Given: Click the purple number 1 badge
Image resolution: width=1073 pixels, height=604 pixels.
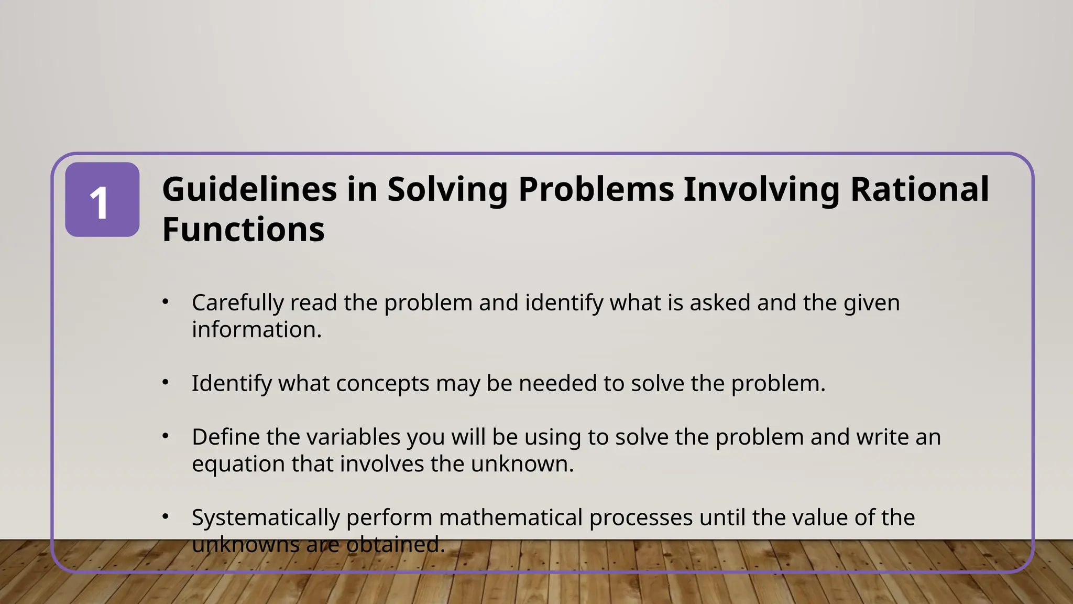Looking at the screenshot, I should coord(102,200).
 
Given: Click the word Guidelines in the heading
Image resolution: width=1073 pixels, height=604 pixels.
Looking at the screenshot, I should coord(249,189).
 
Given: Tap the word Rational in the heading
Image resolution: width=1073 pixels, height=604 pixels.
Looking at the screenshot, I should coord(919,189).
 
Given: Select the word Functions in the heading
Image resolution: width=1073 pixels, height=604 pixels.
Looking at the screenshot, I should coord(243,230).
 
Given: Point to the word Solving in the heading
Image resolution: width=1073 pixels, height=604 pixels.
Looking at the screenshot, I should coord(447,189).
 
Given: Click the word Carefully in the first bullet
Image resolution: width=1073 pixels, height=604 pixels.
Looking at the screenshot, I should coord(237,303).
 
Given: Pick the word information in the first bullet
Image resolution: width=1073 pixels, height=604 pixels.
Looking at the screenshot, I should coord(256,330).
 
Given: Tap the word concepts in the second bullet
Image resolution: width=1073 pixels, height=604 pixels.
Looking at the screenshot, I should coord(382,384).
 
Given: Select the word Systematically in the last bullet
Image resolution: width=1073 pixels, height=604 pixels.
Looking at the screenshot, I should coord(266,518).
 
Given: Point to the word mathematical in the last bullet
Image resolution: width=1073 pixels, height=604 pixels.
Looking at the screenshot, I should coord(511,518).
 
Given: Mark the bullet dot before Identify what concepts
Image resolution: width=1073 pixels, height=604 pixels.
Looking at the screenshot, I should coord(166,383).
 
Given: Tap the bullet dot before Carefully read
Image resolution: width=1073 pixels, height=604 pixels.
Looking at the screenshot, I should coord(166,302).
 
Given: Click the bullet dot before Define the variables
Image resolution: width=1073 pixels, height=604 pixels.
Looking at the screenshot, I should coord(166,436).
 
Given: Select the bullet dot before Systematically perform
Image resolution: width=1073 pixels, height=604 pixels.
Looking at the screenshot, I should coord(166,517).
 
